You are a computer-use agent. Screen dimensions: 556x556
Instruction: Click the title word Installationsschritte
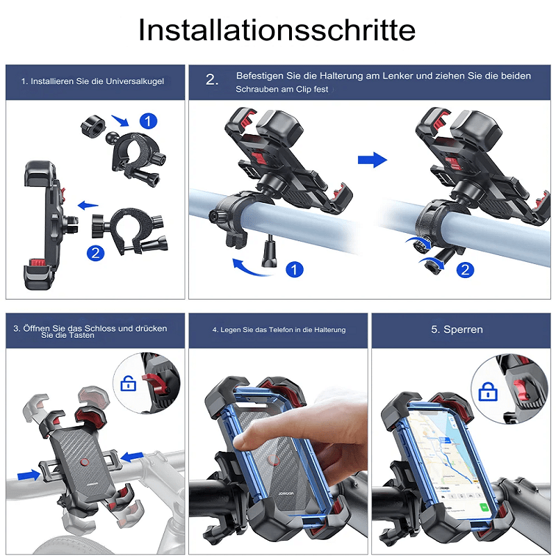pos(277,30)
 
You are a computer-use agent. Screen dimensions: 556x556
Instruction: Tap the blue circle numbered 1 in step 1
pos(148,121)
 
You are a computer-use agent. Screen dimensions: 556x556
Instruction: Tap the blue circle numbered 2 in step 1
pos(95,253)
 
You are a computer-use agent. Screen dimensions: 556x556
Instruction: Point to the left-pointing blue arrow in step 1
pos(88,205)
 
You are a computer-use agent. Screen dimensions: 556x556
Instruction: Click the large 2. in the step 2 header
pos(212,79)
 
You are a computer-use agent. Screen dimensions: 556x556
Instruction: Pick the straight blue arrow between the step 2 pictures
pos(373,160)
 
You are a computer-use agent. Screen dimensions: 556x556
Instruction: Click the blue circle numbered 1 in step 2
pos(294,270)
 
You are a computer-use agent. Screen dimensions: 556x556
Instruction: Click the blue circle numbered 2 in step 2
pos(465,270)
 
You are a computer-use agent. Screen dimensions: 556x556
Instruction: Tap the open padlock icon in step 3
pos(129,384)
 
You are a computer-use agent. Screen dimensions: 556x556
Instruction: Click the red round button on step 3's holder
pos(84,462)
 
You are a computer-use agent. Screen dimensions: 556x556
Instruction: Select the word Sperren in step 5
pos(463,329)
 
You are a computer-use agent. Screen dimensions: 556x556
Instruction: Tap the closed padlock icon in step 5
pos(488,391)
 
